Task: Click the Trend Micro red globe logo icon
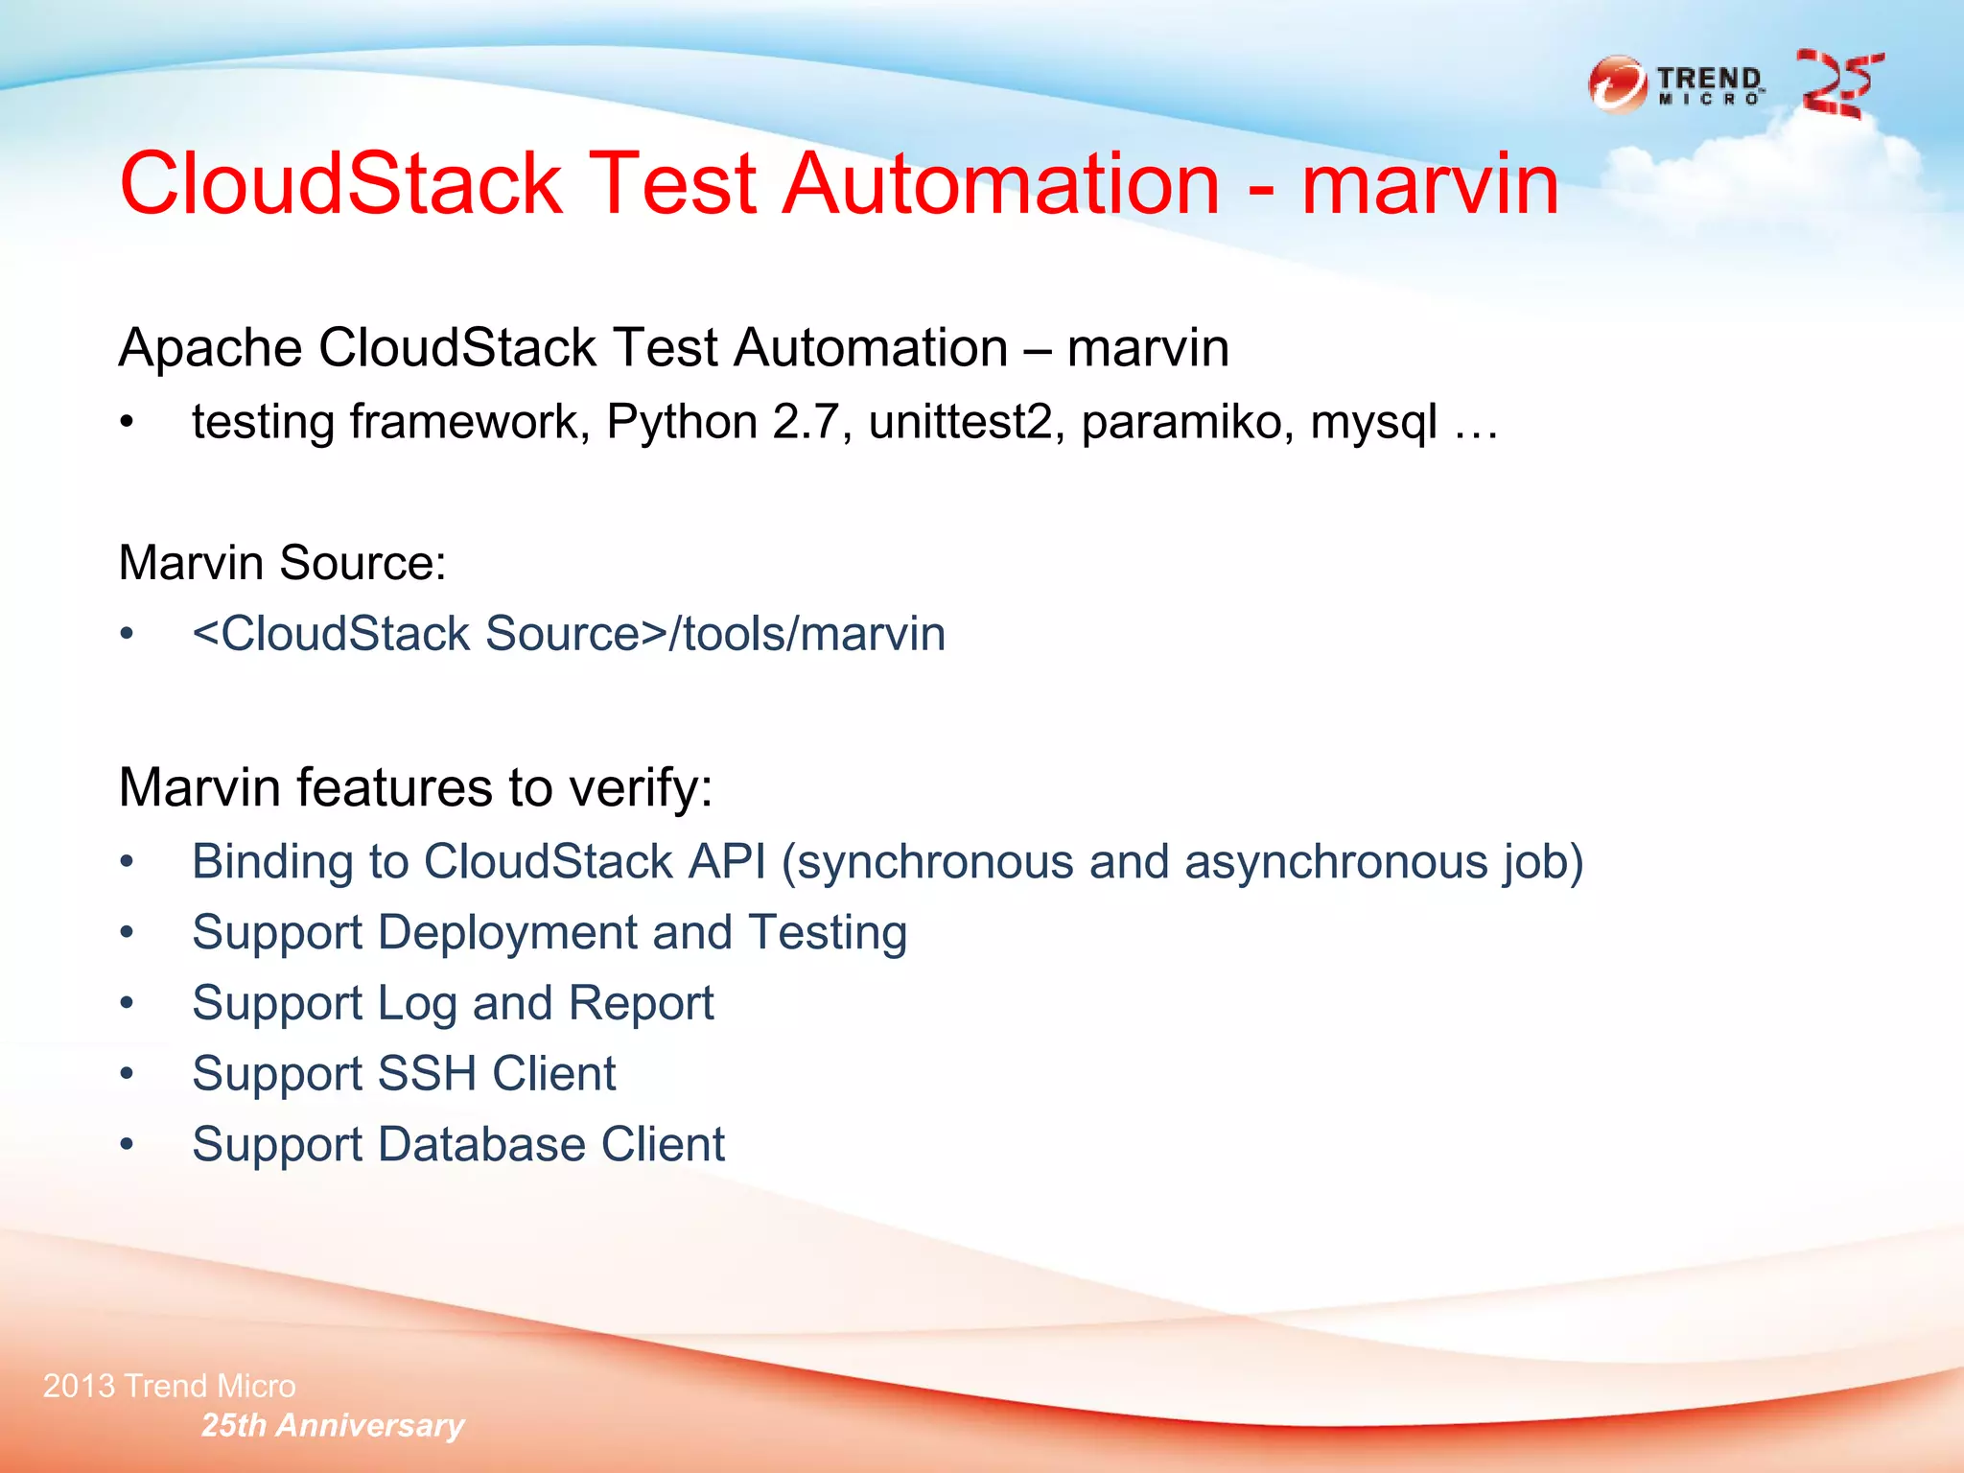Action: pyautogui.click(x=1618, y=85)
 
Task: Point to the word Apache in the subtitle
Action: pyautogui.click(x=210, y=347)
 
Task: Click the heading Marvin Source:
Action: pyautogui.click(x=282, y=562)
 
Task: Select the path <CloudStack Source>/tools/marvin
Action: pyautogui.click(x=569, y=634)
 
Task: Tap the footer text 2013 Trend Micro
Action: pyautogui.click(x=170, y=1386)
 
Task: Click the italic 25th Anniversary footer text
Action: pyautogui.click(x=333, y=1425)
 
